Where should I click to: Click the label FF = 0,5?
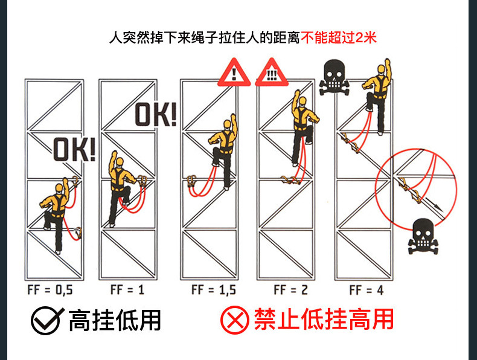click(x=50, y=290)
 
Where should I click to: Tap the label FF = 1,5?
click(x=213, y=290)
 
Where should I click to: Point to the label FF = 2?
click(x=290, y=290)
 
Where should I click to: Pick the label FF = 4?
click(x=366, y=290)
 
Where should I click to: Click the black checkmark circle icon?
click(x=46, y=320)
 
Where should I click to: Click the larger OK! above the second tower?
click(x=156, y=114)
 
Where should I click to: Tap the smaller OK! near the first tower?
click(x=75, y=149)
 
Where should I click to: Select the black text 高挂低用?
click(x=115, y=320)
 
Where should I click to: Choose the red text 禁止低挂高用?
click(x=324, y=320)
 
